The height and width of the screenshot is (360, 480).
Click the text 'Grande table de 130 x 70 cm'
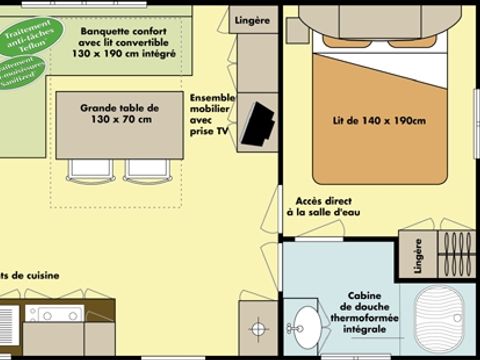(119, 114)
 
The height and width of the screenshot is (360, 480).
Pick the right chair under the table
(147, 171)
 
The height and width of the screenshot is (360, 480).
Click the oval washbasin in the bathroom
(305, 326)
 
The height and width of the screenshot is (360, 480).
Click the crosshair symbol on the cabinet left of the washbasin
(257, 327)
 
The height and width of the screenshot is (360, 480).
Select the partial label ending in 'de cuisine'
(30, 275)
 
